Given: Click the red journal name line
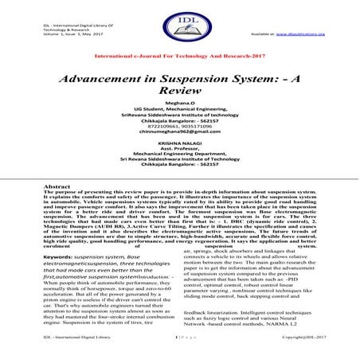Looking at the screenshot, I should [x=179, y=60].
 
